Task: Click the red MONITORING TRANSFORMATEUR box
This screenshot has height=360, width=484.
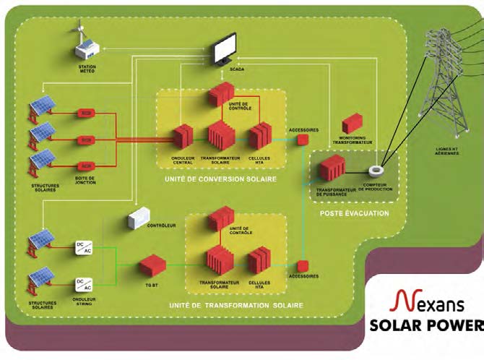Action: click(352, 124)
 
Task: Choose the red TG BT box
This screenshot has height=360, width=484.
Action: click(152, 265)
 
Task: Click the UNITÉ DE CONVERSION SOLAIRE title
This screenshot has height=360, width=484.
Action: click(220, 177)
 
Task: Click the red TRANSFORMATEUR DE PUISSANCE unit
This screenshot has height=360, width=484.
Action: click(332, 168)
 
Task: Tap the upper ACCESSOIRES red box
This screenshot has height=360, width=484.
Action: click(303, 138)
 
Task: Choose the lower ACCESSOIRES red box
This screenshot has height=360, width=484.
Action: click(303, 265)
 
